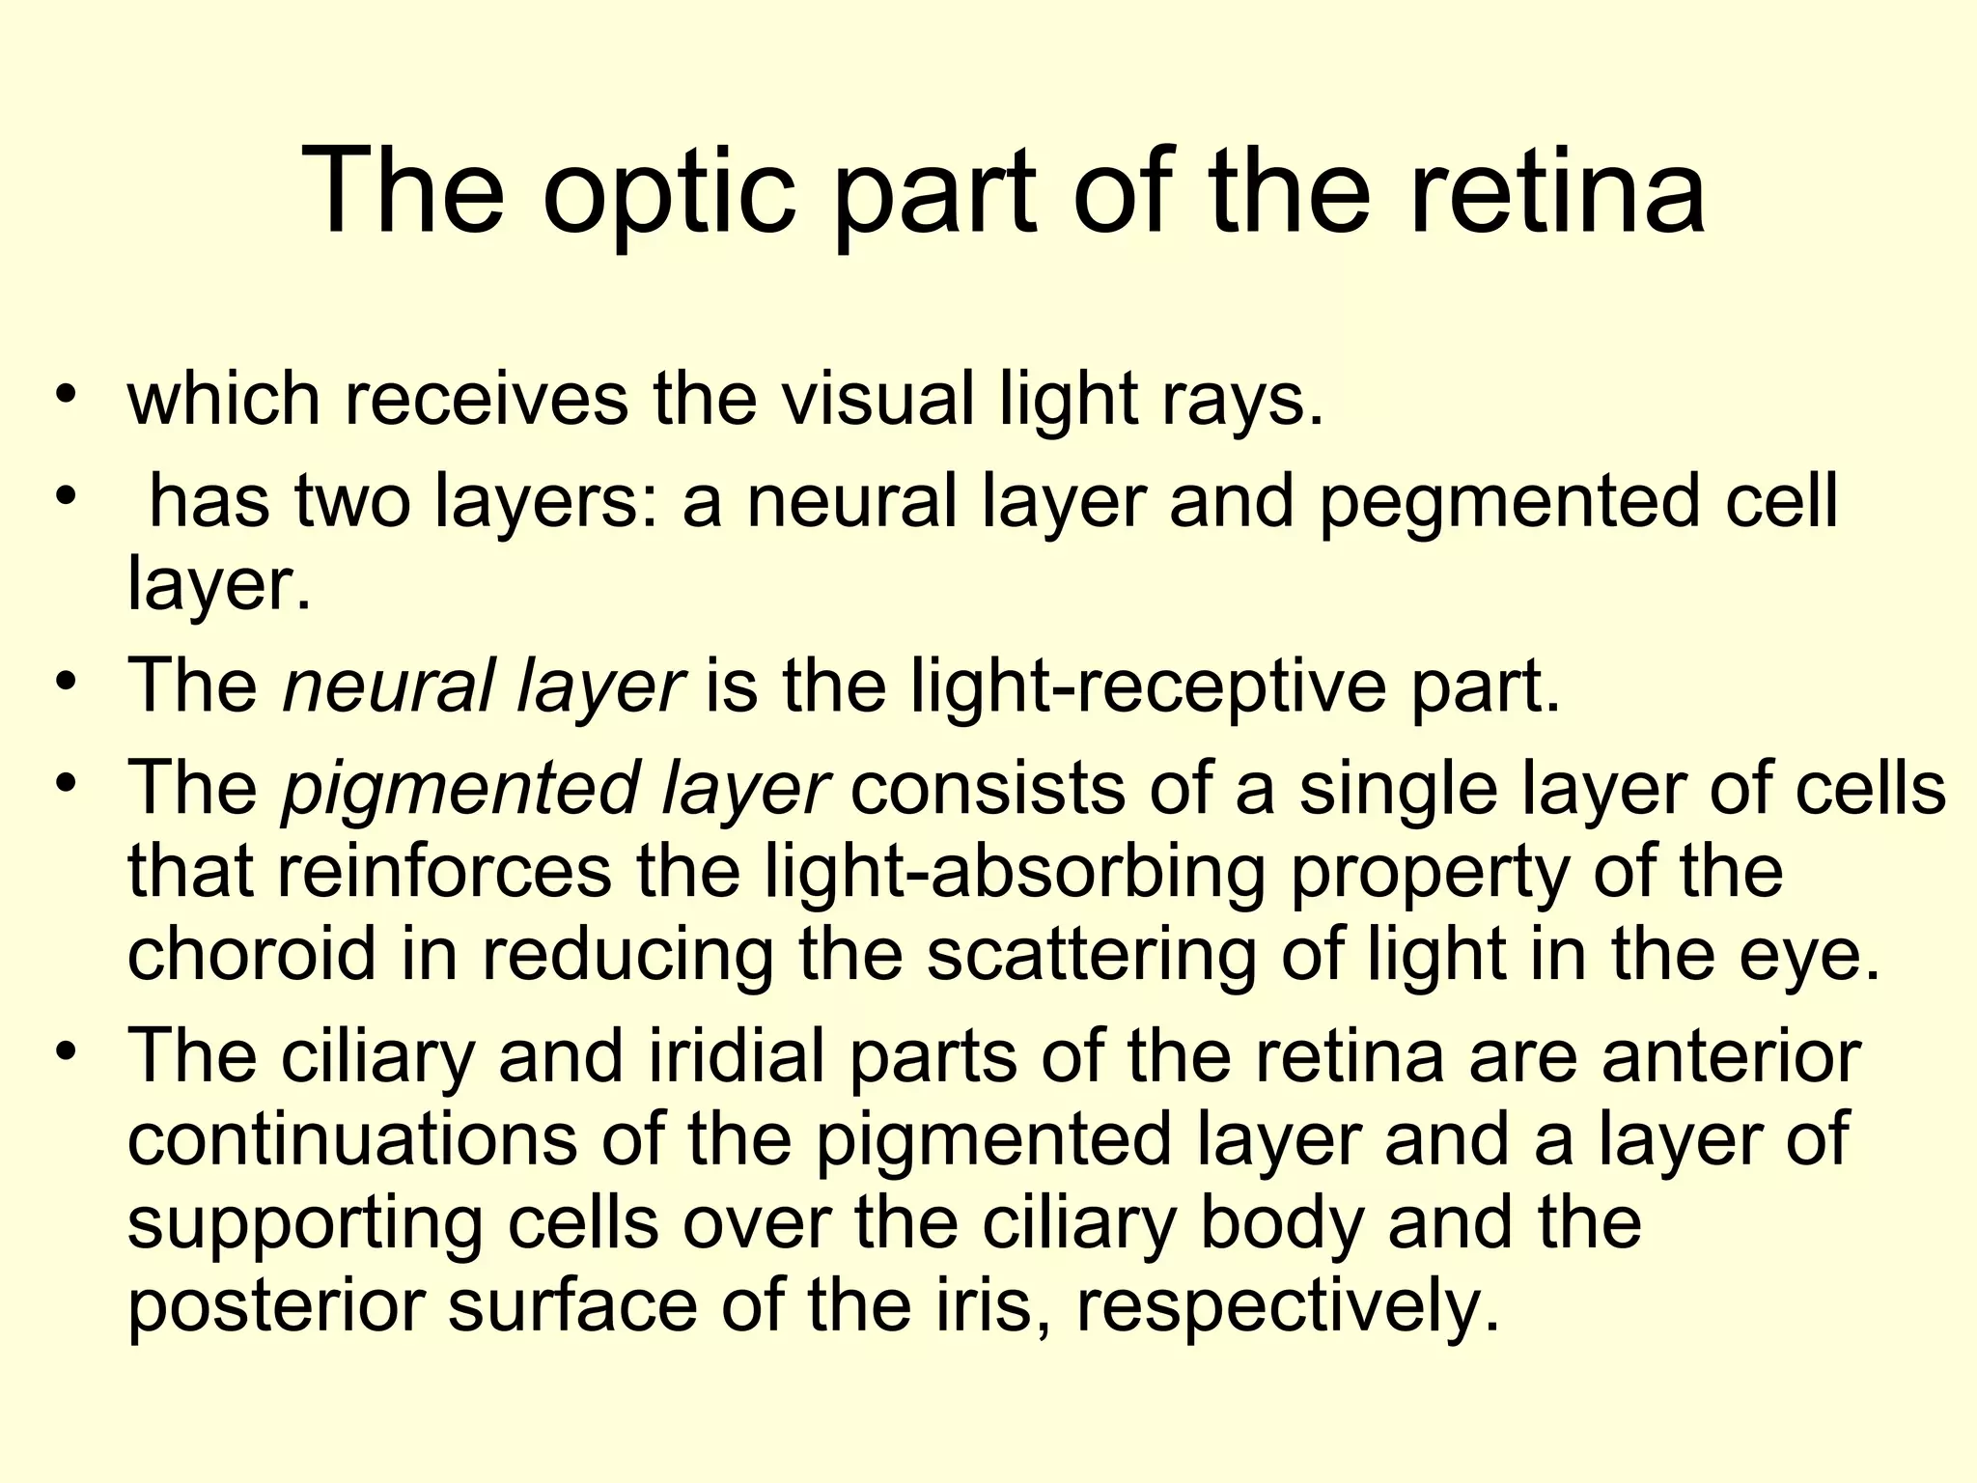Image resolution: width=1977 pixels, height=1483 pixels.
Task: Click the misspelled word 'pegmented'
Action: click(1510, 503)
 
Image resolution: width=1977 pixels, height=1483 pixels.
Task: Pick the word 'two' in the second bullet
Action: click(352, 503)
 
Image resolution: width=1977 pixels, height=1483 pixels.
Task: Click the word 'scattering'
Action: click(1092, 954)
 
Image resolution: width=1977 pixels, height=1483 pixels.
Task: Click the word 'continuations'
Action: click(351, 1140)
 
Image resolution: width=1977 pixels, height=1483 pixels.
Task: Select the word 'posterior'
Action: click(275, 1306)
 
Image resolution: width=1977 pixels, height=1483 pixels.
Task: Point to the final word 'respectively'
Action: click(1289, 1306)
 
